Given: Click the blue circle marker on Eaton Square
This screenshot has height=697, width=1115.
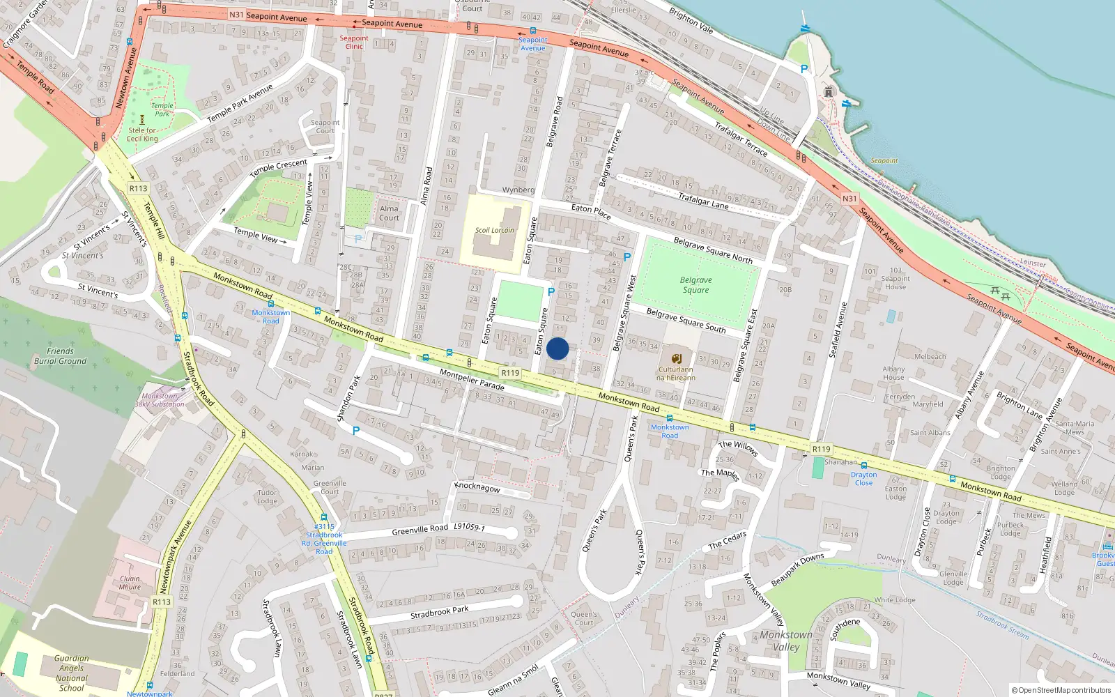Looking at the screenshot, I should (557, 348).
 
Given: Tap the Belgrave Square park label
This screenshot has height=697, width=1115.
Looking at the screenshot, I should (695, 285).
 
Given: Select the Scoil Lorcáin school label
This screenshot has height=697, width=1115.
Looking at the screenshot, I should (494, 230).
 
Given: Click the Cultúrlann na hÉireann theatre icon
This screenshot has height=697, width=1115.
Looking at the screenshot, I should (676, 358).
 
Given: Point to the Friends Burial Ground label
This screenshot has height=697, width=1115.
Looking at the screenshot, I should (61, 356).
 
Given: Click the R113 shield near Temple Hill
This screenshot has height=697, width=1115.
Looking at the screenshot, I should (138, 188).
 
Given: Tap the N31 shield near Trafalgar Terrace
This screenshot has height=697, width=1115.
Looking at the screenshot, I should (849, 199).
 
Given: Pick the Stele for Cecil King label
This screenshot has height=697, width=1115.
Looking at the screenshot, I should (142, 135).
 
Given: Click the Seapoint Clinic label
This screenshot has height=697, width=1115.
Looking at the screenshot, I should (354, 43).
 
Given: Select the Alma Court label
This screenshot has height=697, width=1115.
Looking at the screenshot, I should (389, 213).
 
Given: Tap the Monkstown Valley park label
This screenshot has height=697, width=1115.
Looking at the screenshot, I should (786, 641).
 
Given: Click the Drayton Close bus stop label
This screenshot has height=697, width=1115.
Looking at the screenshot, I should (863, 479).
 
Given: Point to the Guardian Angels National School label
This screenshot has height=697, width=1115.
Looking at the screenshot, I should (71, 673).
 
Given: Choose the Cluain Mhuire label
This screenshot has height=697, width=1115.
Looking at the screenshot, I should (130, 583).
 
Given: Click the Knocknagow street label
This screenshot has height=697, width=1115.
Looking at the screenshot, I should (477, 487).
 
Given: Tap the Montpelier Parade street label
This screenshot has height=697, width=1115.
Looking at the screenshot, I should (472, 381).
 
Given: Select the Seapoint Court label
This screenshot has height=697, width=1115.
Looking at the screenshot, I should (325, 127).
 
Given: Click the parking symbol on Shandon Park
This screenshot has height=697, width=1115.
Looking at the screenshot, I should (356, 431).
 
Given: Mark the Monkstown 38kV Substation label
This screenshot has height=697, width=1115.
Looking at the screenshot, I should (160, 400).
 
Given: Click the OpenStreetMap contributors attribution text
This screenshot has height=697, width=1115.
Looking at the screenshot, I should (1061, 690).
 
